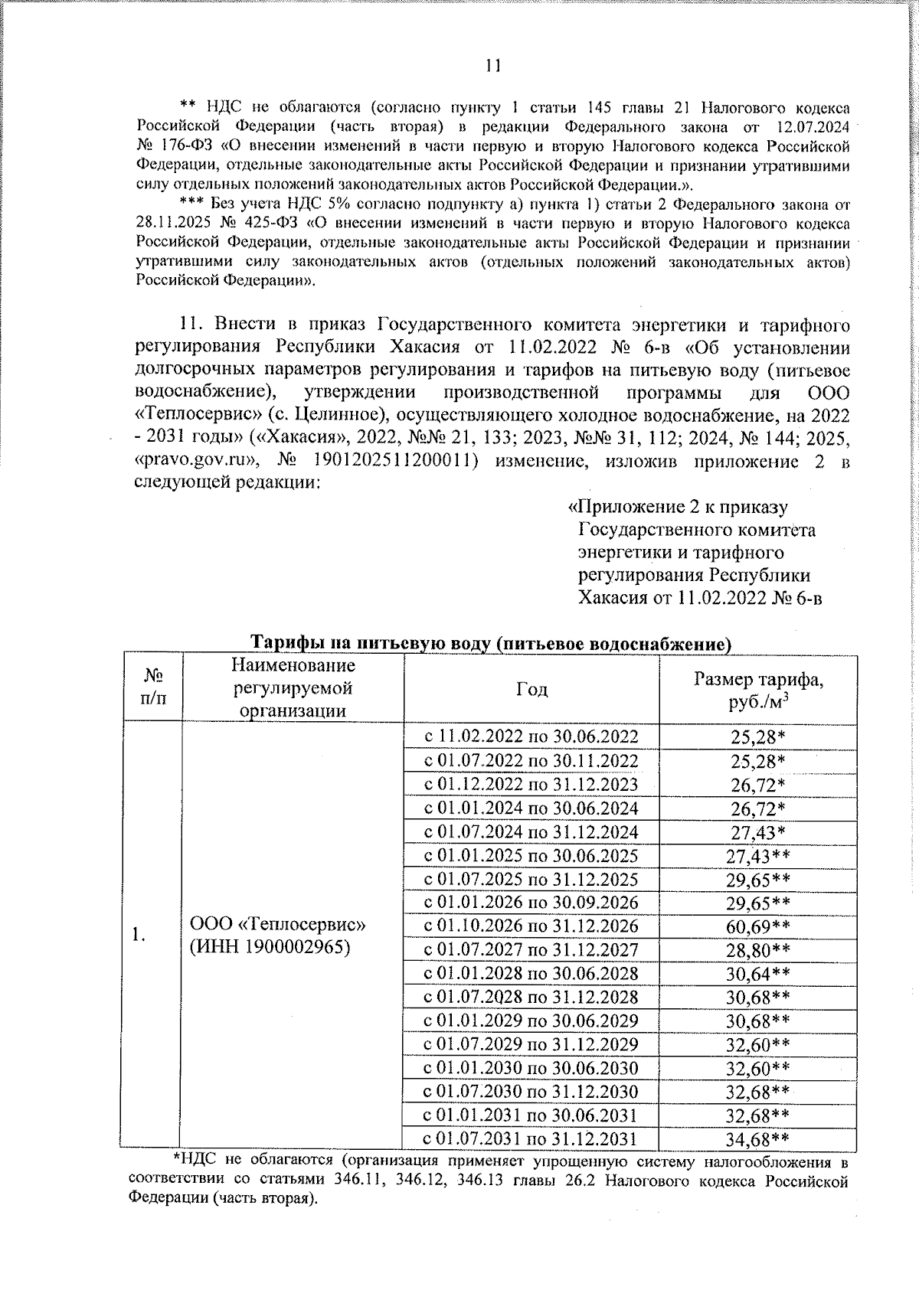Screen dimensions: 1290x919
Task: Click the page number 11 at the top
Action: click(x=493, y=66)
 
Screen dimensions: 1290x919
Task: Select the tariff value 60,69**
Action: click(x=757, y=926)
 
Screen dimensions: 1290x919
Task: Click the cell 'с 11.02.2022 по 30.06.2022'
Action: click(x=531, y=736)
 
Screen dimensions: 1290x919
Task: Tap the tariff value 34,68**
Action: click(x=757, y=1139)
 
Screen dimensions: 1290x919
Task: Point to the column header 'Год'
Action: click(x=531, y=689)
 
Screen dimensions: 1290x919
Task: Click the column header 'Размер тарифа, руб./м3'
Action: click(x=758, y=691)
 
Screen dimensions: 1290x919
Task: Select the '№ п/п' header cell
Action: click(x=153, y=687)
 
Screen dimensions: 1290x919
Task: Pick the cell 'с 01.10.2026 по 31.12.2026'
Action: click(x=531, y=926)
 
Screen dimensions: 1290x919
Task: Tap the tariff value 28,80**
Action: click(x=757, y=950)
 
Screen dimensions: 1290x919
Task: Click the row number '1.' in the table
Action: click(x=138, y=935)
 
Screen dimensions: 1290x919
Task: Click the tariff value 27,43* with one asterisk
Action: click(x=757, y=831)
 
